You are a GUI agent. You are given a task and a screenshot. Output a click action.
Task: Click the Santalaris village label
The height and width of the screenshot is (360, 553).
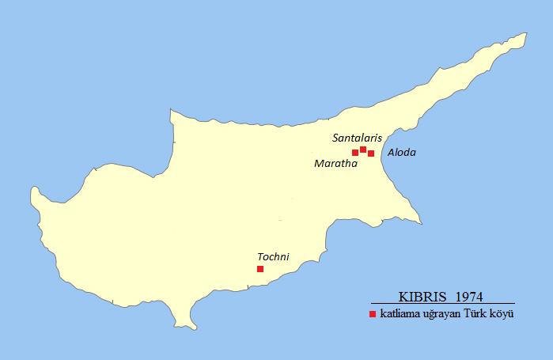pos(357,138)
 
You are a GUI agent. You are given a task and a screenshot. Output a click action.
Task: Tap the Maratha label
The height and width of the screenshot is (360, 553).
pos(335,164)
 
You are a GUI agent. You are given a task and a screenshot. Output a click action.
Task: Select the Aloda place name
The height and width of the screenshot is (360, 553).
pos(401,152)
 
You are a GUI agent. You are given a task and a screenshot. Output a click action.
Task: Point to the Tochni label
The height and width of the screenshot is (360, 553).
pos(273,256)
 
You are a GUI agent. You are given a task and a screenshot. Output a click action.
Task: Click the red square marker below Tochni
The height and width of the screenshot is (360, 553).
pos(260,269)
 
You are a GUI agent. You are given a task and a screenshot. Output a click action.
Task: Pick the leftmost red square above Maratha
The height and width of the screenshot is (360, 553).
pos(355,153)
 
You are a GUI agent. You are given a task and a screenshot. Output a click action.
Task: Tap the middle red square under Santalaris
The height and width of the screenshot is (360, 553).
pos(363,150)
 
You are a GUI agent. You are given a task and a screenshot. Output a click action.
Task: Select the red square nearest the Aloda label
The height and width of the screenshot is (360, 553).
pos(371,153)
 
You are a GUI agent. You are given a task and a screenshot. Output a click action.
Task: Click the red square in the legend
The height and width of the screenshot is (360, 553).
pos(373,315)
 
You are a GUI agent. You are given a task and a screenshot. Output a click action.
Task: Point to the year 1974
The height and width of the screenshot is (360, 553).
pos(470,297)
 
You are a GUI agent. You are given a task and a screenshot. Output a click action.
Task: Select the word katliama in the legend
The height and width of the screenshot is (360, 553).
pos(399,315)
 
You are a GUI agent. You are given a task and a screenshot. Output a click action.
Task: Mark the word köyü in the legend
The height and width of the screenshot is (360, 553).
pos(504,315)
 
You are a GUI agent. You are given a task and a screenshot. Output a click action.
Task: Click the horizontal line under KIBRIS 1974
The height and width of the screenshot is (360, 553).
pos(442,304)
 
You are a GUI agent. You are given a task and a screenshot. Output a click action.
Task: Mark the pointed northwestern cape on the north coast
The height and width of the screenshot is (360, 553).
pos(170,109)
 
